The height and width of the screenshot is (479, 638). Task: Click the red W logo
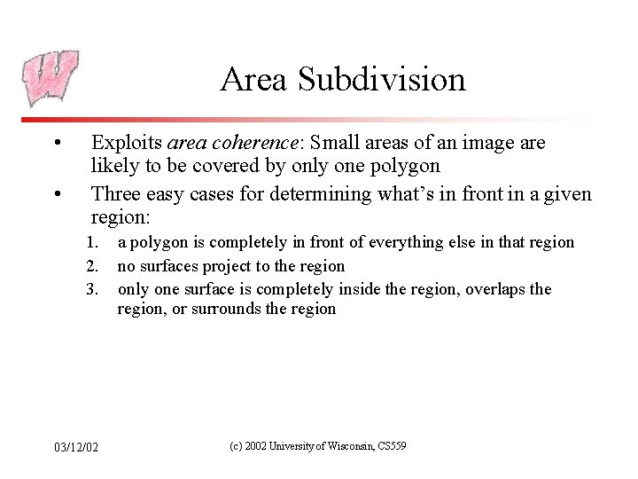[x=51, y=78]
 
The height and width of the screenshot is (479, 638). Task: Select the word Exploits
[x=127, y=143]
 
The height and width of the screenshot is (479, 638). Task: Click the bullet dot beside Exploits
[x=57, y=144]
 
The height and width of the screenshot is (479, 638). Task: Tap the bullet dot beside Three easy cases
[x=57, y=192]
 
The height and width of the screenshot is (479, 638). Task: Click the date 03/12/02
[x=75, y=446]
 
